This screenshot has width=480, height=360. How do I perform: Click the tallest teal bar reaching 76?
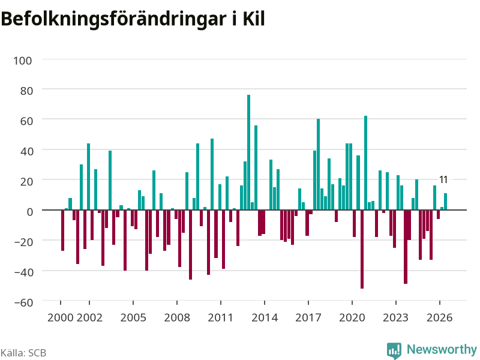[248, 152]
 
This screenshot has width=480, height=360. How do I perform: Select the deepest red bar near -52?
[362, 249]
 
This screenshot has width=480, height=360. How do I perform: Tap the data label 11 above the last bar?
[443, 179]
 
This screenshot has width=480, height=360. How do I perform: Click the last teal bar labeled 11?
[445, 202]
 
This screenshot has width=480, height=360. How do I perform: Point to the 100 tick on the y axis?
[22, 61]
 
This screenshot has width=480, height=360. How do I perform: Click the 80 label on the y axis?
[26, 91]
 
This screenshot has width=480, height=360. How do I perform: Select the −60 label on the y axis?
[23, 302]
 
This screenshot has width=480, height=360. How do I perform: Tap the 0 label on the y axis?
[29, 212]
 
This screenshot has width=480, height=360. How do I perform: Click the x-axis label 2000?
[61, 317]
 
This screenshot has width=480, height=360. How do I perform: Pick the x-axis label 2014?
[265, 317]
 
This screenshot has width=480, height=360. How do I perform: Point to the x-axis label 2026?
[439, 317]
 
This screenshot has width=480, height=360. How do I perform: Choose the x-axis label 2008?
[177, 317]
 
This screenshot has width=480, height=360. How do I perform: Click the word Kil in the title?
[254, 19]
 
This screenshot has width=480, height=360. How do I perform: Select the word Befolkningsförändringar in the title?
[113, 20]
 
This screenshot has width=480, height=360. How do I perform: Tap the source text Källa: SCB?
[23, 353]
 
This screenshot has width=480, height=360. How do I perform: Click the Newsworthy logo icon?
[394, 350]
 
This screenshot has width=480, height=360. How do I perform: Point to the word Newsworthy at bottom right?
[442, 349]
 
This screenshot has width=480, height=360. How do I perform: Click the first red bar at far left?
[63, 230]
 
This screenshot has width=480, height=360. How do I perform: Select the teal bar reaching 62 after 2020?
[365, 163]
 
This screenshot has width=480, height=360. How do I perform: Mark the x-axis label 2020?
[352, 317]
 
